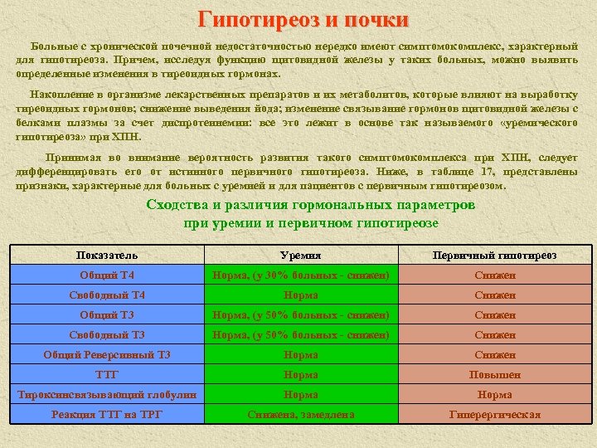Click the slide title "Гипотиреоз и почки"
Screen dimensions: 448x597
point(303,19)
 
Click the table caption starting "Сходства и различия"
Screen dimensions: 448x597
point(310,214)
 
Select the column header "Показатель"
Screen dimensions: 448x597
point(107,256)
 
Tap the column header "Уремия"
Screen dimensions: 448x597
point(300,256)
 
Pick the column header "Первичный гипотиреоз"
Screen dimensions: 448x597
point(495,256)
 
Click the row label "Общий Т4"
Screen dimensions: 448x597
point(107,275)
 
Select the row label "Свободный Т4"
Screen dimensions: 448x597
point(107,295)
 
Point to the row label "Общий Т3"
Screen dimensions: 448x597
point(107,315)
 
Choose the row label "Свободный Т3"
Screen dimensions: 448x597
point(107,335)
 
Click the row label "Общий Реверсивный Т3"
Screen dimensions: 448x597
point(107,355)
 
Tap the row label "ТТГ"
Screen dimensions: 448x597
point(107,375)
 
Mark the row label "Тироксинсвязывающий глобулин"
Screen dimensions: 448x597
point(107,395)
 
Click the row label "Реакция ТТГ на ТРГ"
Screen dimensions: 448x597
point(107,415)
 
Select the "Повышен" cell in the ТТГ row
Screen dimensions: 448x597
point(495,375)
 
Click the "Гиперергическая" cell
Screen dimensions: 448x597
point(495,415)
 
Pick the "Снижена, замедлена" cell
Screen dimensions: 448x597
point(300,415)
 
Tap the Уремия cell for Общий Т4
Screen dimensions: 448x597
point(300,275)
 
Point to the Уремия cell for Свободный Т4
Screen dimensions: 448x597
point(300,295)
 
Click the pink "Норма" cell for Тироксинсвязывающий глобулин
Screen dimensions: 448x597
point(495,395)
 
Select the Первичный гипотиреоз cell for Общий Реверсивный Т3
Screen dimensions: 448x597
point(495,355)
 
